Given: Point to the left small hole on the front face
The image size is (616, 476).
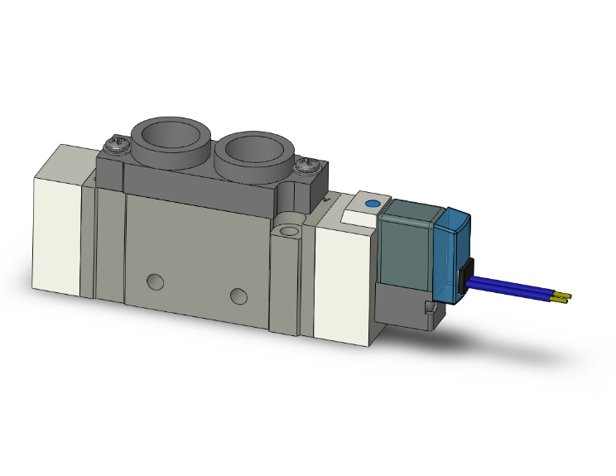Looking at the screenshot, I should (x=155, y=281).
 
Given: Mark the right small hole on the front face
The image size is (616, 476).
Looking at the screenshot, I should (x=238, y=296).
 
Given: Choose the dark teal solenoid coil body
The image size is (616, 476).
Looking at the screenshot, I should (x=407, y=243).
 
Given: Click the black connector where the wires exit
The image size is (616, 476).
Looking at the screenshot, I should (x=464, y=277).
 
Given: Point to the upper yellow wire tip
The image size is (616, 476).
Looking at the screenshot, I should (x=566, y=295).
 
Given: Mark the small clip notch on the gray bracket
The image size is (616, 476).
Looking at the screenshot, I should (x=430, y=310).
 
